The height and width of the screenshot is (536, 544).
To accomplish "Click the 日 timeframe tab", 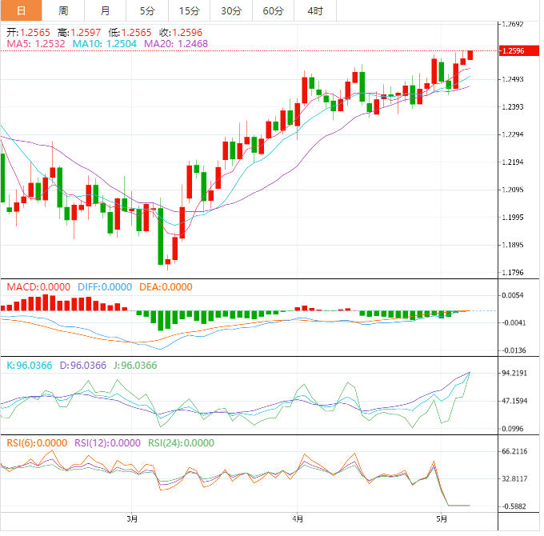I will pyautogui.click(x=21, y=10).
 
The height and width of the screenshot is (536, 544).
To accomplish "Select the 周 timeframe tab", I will pyautogui.click(x=63, y=10).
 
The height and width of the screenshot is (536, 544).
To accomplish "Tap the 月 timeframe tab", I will pyautogui.click(x=106, y=10).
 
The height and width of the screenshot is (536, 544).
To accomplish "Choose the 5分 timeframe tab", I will pyautogui.click(x=147, y=10).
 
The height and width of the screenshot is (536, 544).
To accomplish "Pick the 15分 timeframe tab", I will pyautogui.click(x=190, y=10).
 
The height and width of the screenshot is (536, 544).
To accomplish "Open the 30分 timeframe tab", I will pyautogui.click(x=231, y=10).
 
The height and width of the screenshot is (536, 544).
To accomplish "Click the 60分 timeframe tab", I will pyautogui.click(x=273, y=10).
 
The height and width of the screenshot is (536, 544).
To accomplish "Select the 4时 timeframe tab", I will pyautogui.click(x=314, y=10).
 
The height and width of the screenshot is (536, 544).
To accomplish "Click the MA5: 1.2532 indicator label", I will pyautogui.click(x=35, y=44).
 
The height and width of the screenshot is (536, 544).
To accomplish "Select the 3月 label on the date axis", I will pyautogui.click(x=132, y=518).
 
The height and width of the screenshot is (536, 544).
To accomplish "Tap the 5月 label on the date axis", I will pyautogui.click(x=440, y=518).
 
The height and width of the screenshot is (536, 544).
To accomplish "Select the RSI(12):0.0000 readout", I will pyautogui.click(x=104, y=442).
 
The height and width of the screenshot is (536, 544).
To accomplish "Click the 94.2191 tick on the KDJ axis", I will pyautogui.click(x=514, y=373).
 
